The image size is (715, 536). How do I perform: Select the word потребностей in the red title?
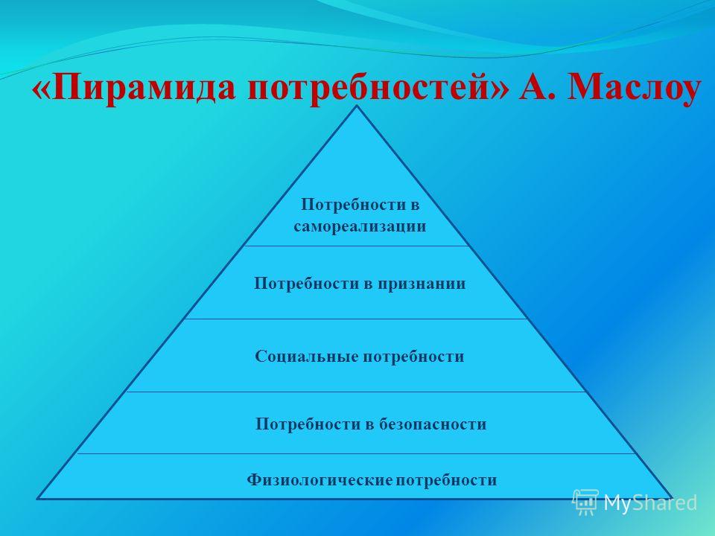[369, 86]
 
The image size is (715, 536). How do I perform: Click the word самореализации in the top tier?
[360, 226]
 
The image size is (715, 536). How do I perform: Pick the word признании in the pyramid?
[422, 284]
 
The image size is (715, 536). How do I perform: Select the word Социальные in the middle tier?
[306, 356]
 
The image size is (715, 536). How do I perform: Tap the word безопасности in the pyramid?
[433, 424]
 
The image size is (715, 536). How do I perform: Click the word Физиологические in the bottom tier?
[320, 480]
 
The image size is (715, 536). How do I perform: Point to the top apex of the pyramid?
[357, 106]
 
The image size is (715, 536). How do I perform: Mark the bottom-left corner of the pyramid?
[37, 499]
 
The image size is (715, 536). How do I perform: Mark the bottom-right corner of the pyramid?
[672, 498]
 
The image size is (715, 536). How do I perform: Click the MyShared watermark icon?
[585, 502]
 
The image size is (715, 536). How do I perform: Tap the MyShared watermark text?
[650, 502]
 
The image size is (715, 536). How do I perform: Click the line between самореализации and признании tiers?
[357, 246]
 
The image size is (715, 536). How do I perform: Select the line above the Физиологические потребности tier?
[357, 454]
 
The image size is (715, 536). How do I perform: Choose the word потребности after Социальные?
[413, 356]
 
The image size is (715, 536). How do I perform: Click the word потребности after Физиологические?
[446, 480]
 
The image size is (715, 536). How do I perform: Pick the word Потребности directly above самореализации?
[354, 205]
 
